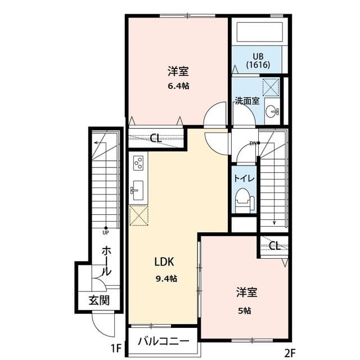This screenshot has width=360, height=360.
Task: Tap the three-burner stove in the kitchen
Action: (138, 164)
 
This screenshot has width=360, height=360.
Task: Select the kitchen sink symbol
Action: (138, 188)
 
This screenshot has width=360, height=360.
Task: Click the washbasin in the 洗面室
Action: (272, 111)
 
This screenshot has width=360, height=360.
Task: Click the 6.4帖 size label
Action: (178, 86)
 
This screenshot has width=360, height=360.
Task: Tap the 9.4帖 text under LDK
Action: (166, 278)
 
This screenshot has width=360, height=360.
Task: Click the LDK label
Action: (165, 262)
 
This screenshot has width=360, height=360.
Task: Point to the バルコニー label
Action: (163, 341)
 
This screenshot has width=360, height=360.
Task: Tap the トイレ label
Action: (244, 178)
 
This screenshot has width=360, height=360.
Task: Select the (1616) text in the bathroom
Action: (258, 65)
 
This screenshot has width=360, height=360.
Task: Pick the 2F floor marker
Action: (290, 353)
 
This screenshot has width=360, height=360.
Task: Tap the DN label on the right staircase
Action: (253, 143)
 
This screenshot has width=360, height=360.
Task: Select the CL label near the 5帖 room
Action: (274, 245)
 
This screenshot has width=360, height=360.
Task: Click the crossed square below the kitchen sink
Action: (138, 214)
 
